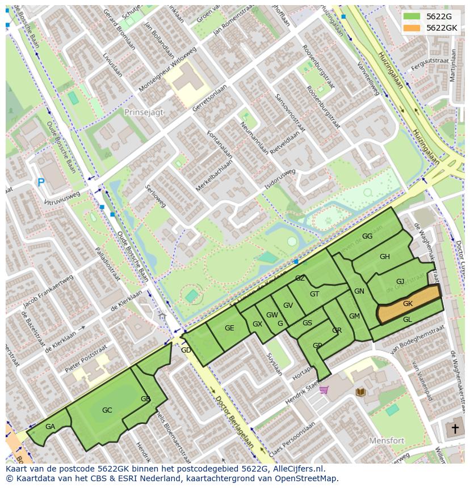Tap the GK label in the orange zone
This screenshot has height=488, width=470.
tap(408, 304)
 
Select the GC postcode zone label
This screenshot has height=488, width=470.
tap(107, 410)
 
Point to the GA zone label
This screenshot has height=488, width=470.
tap(50, 427)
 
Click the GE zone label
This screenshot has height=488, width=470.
tap(229, 328)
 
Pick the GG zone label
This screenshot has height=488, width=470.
tap(367, 236)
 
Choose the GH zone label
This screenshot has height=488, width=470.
tap(385, 257)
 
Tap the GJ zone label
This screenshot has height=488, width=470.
tap(400, 282)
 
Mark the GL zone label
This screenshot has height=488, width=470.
tap(407, 320)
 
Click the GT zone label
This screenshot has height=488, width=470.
tap(314, 294)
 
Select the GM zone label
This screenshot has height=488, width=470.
tap(354, 316)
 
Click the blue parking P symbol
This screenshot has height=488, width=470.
tap(41, 183)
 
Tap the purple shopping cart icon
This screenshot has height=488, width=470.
tap(324, 389)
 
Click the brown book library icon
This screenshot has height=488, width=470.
tap(360, 392)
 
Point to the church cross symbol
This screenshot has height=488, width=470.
tap(454, 428)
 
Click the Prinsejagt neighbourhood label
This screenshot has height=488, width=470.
tap(144, 112)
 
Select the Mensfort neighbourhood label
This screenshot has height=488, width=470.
tap(386, 440)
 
